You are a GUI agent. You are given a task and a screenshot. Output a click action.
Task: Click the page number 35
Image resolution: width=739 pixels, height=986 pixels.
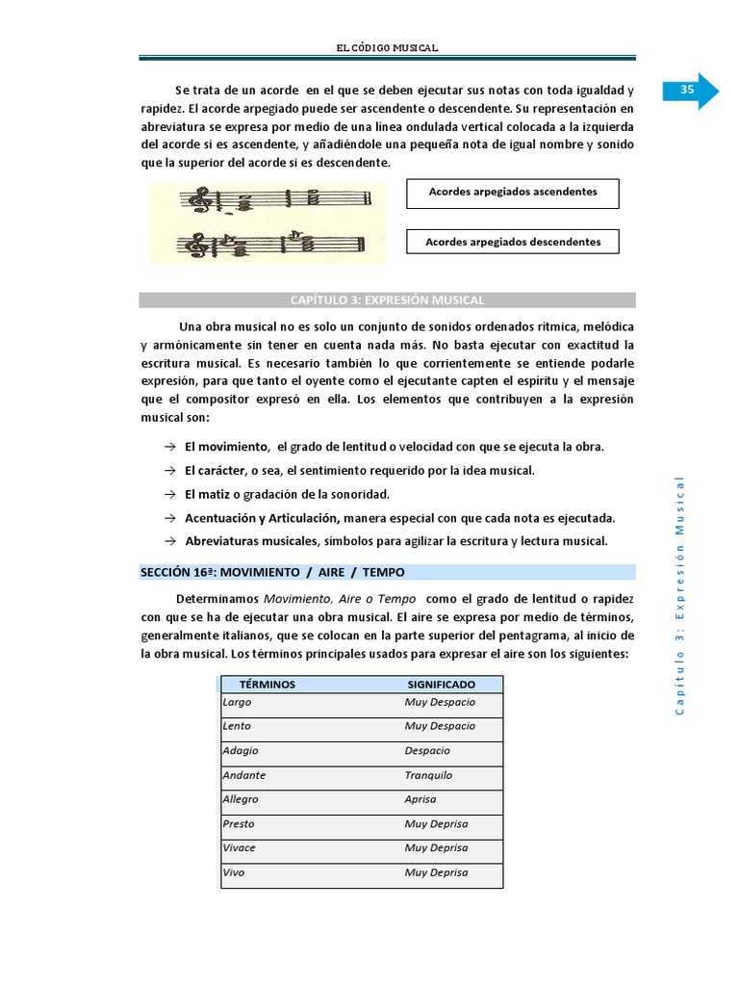[x=687, y=90]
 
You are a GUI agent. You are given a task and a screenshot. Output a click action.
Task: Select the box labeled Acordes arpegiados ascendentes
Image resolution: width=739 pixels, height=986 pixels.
[x=512, y=193]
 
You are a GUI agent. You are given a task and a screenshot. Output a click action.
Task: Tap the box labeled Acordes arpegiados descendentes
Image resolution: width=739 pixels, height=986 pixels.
[x=512, y=243]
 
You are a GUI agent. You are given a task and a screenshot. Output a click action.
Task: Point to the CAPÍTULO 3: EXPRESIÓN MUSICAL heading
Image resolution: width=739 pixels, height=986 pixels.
[x=387, y=300]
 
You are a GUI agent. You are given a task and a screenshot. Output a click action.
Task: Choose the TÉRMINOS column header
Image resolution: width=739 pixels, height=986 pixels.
[x=268, y=685]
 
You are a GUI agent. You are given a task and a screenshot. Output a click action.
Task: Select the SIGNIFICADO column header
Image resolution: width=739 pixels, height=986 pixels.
[x=441, y=685]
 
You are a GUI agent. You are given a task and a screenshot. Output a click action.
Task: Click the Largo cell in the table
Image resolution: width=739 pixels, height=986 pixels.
[x=237, y=702]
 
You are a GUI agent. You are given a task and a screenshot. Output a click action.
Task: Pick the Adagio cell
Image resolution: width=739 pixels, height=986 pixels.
[x=241, y=751]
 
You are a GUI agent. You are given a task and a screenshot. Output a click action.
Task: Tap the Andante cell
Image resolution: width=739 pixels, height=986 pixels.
[x=244, y=775]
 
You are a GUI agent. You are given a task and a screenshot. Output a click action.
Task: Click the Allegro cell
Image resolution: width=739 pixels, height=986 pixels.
[x=241, y=799]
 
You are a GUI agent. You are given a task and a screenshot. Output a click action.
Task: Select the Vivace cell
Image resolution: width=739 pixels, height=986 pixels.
[x=240, y=848]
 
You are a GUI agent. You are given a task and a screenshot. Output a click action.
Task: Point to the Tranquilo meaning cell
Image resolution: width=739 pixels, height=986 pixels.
[x=428, y=775]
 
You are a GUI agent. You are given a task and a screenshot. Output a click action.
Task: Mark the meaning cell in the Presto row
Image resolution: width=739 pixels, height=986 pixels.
[x=436, y=824]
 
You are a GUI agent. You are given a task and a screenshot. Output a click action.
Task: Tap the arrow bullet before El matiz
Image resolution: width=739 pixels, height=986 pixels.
[x=168, y=494]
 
